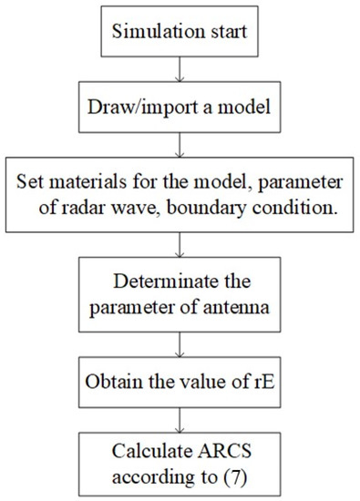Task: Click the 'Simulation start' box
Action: (x=187, y=35)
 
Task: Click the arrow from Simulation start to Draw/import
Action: (x=187, y=75)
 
